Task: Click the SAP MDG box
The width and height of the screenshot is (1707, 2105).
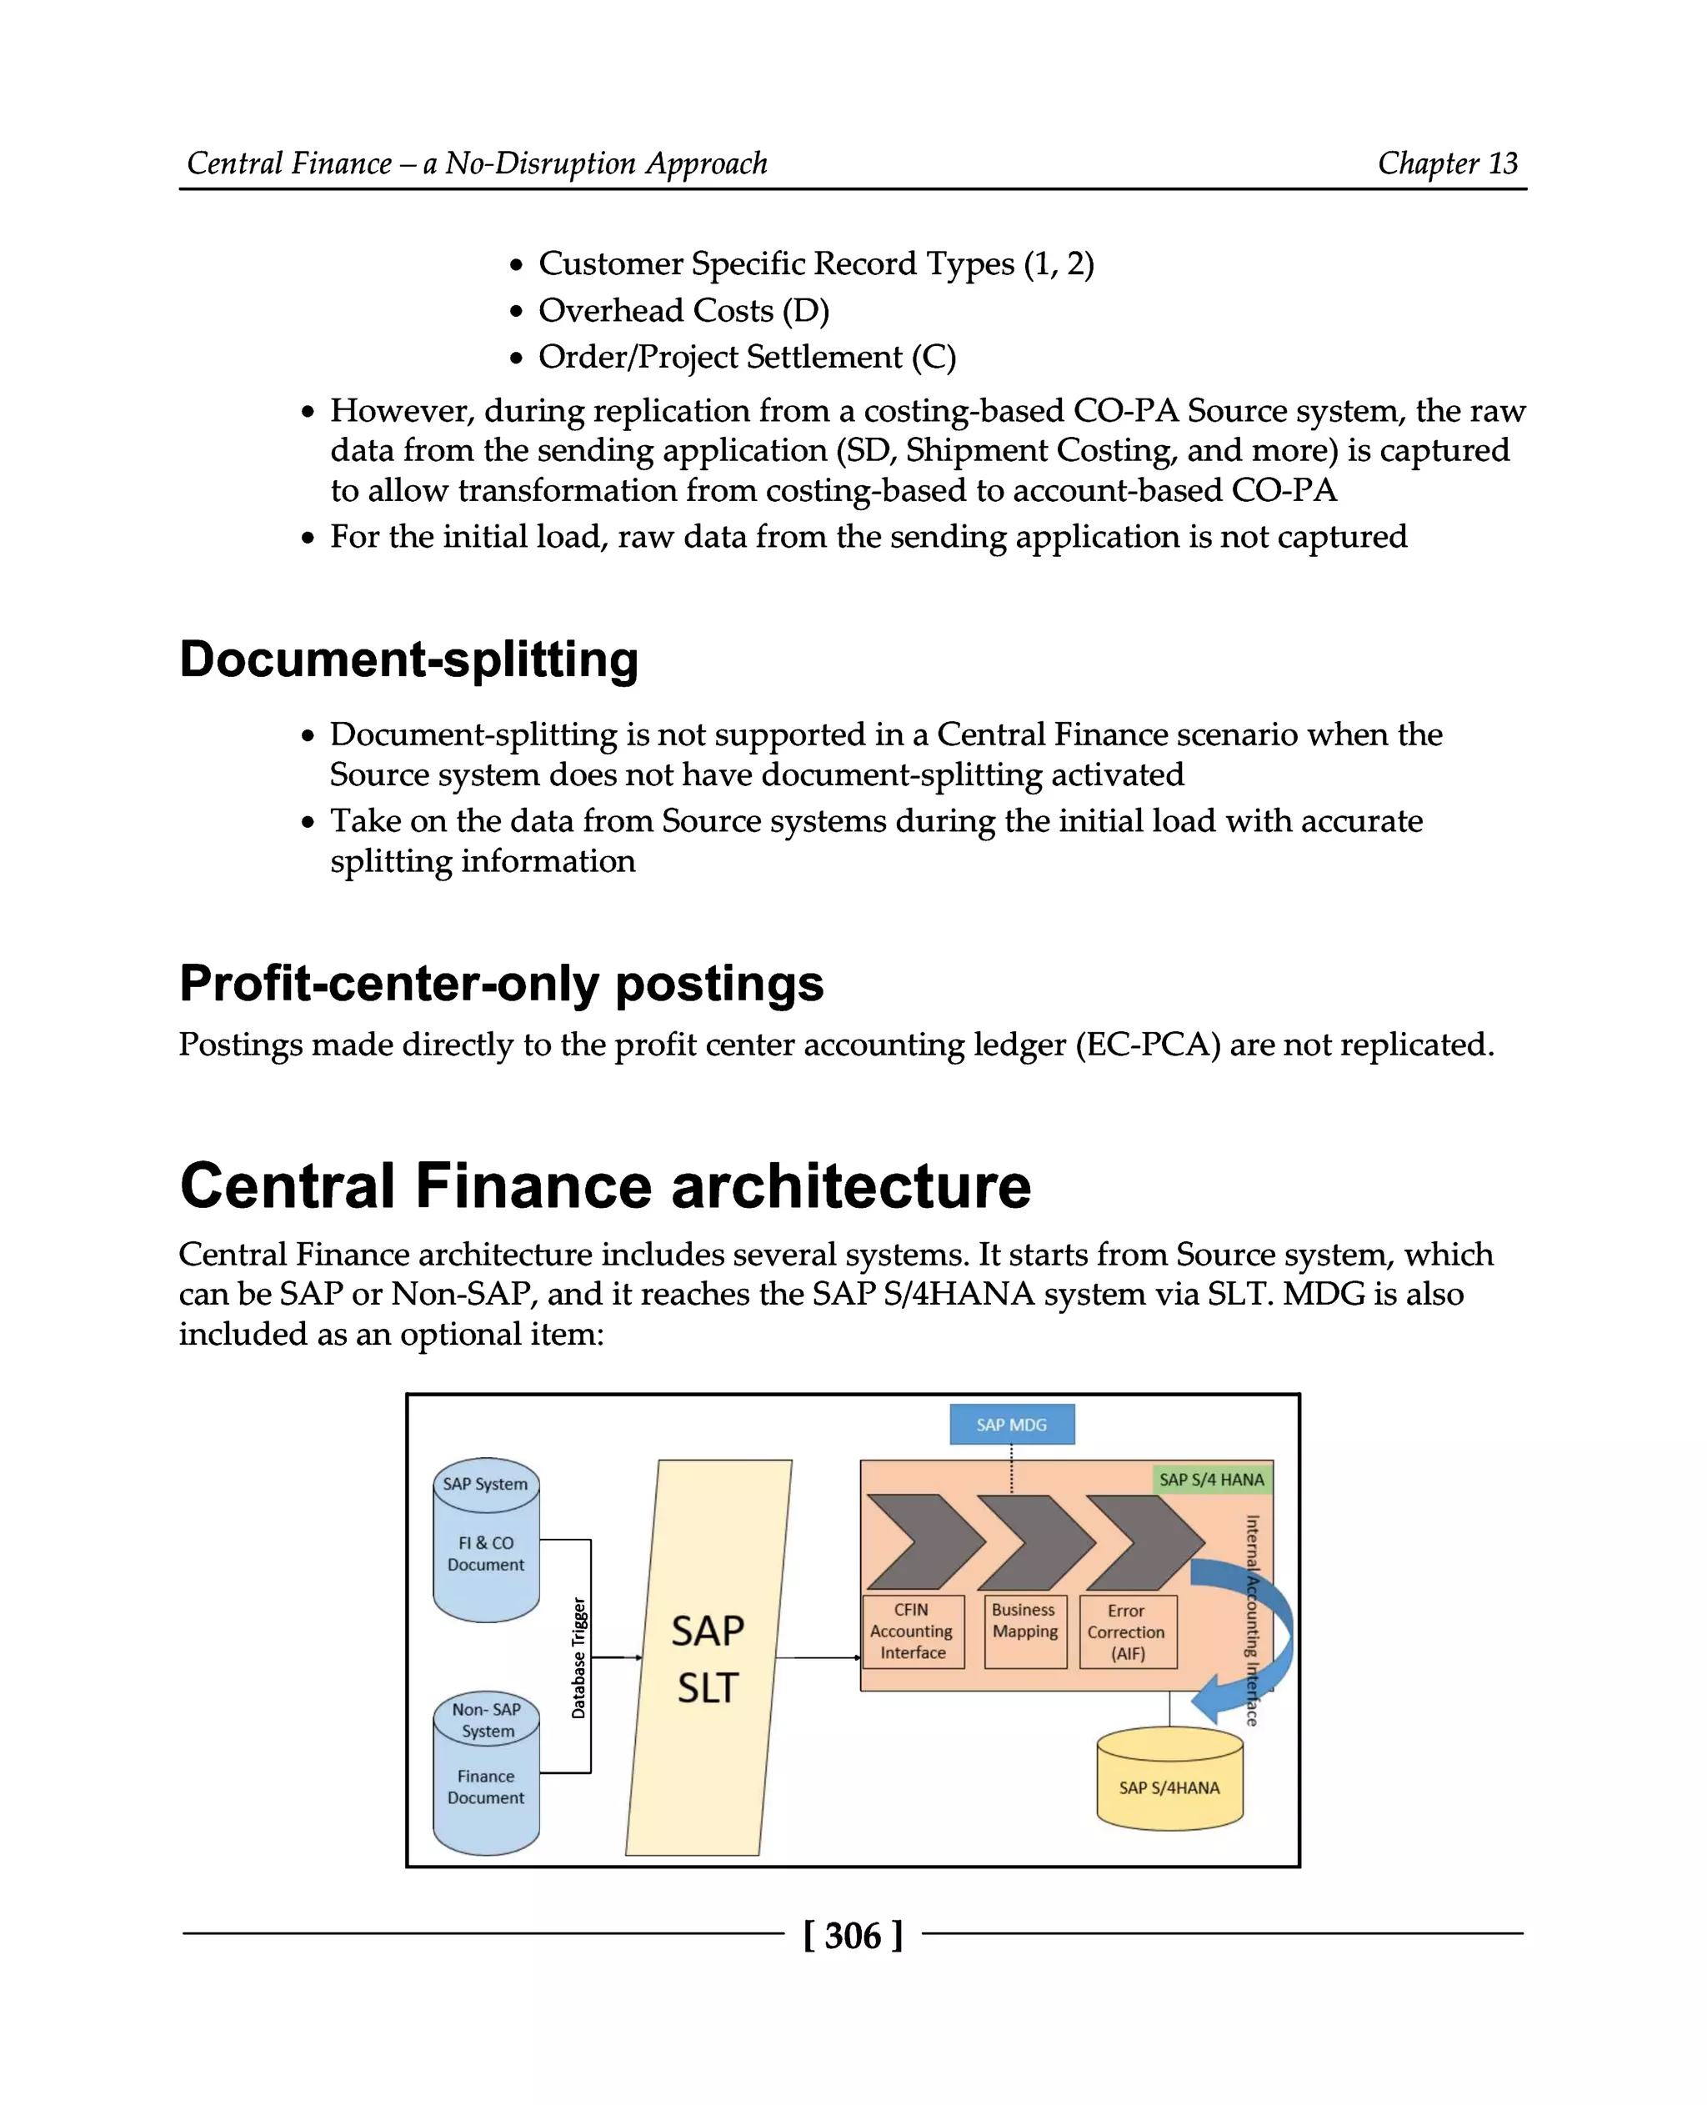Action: click(x=1011, y=1425)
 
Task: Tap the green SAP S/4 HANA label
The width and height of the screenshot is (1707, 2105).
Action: click(x=1210, y=1480)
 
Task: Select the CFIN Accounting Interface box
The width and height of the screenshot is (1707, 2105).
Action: click(x=912, y=1631)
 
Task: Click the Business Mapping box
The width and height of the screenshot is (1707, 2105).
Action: click(x=1024, y=1631)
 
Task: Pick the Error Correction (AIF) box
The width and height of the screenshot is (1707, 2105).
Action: click(x=1127, y=1631)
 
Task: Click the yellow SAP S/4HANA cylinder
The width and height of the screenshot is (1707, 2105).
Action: click(x=1169, y=1787)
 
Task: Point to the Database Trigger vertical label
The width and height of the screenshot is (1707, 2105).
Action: click(x=578, y=1657)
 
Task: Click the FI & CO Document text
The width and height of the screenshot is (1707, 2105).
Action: click(x=486, y=1553)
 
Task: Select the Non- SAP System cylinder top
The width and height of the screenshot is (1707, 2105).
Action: click(x=487, y=1719)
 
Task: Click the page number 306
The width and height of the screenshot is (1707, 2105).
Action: click(x=853, y=1936)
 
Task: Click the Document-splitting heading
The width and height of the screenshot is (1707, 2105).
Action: click(x=409, y=659)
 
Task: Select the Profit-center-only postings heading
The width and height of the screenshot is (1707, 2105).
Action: click(x=502, y=984)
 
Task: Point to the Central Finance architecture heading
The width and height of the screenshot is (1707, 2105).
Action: click(x=605, y=1185)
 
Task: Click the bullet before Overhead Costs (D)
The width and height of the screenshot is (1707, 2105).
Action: click(x=516, y=312)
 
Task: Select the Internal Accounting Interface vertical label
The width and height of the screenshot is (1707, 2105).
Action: click(x=1252, y=1619)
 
